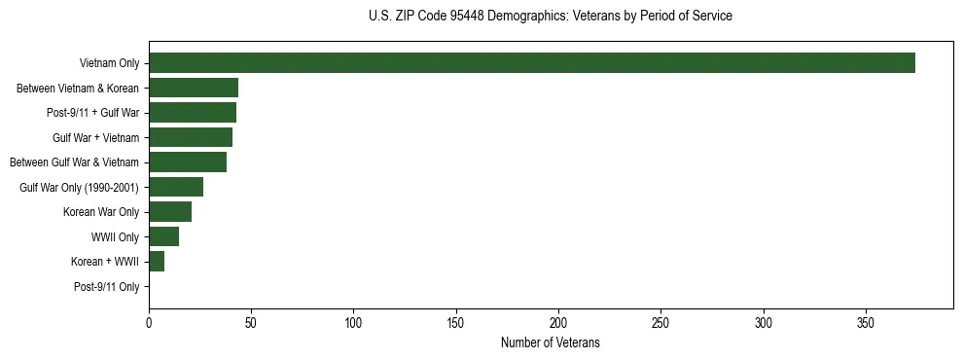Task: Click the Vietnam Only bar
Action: pyautogui.click(x=532, y=63)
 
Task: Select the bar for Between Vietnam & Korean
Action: pyautogui.click(x=194, y=88)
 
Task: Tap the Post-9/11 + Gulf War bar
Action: pyautogui.click(x=193, y=113)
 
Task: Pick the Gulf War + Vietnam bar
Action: pyautogui.click(x=191, y=137)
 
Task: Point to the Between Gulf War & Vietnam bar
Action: pyautogui.click(x=188, y=162)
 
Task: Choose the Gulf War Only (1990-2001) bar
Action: pyautogui.click(x=176, y=187)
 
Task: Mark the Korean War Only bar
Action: pyautogui.click(x=170, y=211)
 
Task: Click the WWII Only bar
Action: pyautogui.click(x=163, y=236)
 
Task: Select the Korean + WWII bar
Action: pyautogui.click(x=157, y=261)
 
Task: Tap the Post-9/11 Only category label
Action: pyautogui.click(x=106, y=287)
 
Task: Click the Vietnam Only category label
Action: pyautogui.click(x=109, y=64)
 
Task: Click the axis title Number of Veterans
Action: pyautogui.click(x=551, y=343)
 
